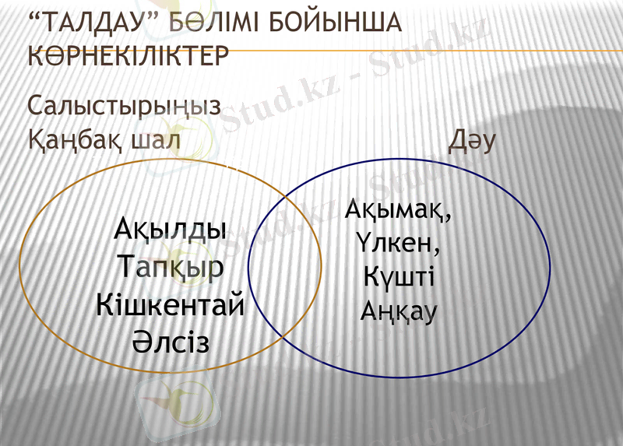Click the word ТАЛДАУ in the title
click(x=98, y=24)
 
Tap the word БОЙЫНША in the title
click(x=336, y=24)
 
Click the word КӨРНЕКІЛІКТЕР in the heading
click(x=128, y=56)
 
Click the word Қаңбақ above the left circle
click(x=75, y=142)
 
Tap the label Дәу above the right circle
click(x=472, y=142)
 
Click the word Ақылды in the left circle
click(x=171, y=230)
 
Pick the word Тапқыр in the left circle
click(x=172, y=267)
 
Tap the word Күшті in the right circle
click(x=398, y=277)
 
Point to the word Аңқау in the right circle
click(x=399, y=311)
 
